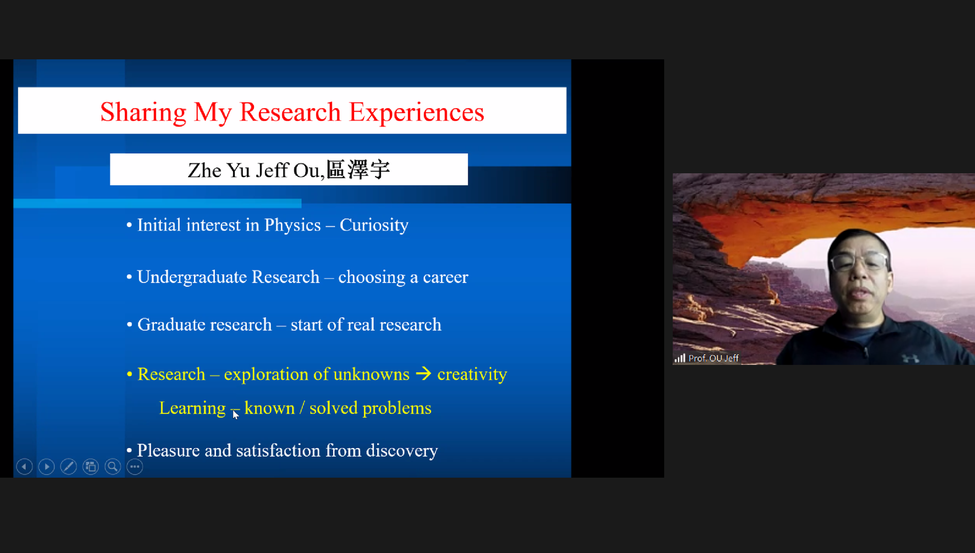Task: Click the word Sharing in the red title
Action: click(x=143, y=112)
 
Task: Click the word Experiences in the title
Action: click(x=416, y=112)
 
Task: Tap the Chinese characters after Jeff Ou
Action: click(x=358, y=169)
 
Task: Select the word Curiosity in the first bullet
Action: click(x=374, y=225)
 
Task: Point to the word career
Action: click(x=445, y=277)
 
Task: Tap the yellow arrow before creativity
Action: click(x=423, y=374)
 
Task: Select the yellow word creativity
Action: click(x=472, y=374)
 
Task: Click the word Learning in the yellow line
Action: click(x=192, y=409)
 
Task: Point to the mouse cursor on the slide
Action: click(x=235, y=414)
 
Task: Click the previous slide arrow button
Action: click(x=24, y=466)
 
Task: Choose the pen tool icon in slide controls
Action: click(x=68, y=466)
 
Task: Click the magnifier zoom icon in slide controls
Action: click(x=113, y=466)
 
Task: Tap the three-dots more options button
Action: click(x=135, y=466)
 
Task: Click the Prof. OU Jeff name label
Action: click(x=713, y=358)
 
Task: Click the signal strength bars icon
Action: click(x=680, y=358)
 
